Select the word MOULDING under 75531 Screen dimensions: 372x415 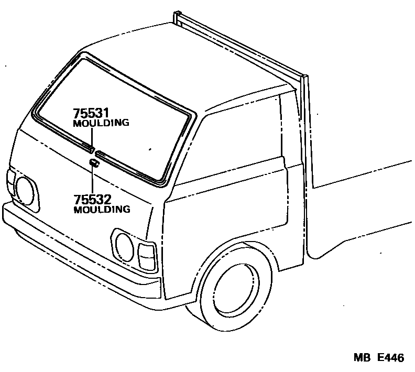(101, 123)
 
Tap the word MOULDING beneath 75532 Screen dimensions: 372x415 (101, 210)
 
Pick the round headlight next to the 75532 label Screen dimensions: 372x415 (25, 191)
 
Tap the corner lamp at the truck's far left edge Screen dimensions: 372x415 (10, 181)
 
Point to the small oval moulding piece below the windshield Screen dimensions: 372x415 (93, 163)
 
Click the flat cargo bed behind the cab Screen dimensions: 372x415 (362, 210)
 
